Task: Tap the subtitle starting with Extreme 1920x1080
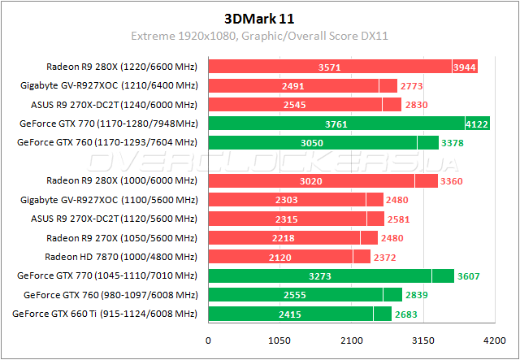tap(260, 37)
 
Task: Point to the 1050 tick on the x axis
tap(279, 340)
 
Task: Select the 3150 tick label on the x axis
tap(422, 340)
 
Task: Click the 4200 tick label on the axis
tap(492, 340)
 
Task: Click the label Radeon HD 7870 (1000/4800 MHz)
tap(120, 256)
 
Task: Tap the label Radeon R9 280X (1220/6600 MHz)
tap(122, 67)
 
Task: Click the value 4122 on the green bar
tap(478, 124)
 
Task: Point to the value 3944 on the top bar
tap(465, 67)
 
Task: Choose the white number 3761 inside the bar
tap(336, 124)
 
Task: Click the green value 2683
tap(408, 314)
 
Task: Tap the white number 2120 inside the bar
tap(280, 257)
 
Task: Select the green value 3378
tap(455, 143)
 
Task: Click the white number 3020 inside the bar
tap(311, 180)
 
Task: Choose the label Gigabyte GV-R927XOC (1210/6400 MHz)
tap(109, 85)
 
